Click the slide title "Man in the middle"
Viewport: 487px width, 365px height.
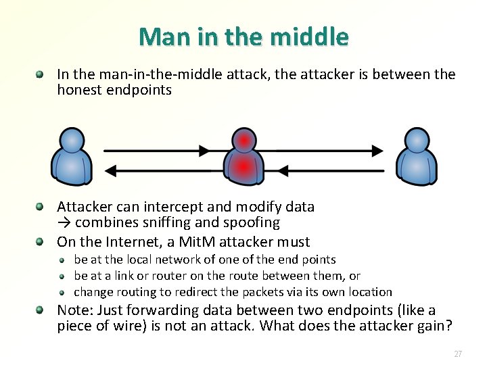tap(243, 36)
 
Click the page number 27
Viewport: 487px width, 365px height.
tap(458, 354)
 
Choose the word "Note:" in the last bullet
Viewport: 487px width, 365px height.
tap(75, 311)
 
